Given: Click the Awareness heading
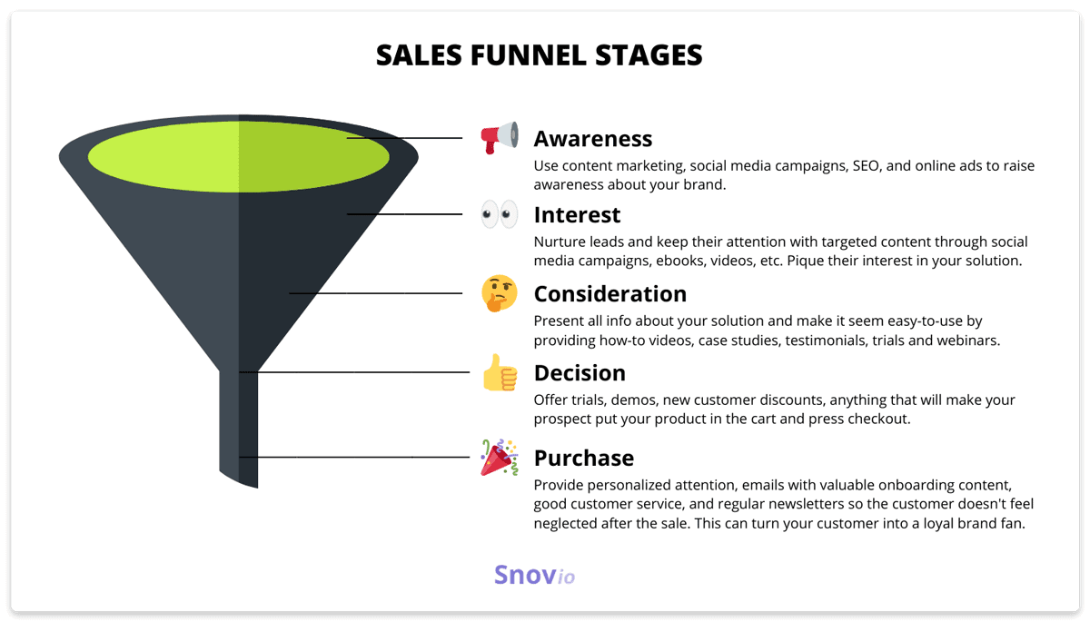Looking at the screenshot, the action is click(x=592, y=139).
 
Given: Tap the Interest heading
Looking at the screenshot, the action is click(x=577, y=215).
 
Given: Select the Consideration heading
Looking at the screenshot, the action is click(x=610, y=294).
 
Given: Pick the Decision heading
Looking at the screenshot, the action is click(x=580, y=373).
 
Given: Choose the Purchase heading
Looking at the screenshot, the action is click(x=584, y=459).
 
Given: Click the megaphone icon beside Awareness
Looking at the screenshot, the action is click(x=500, y=138).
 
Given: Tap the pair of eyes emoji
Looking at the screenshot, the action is click(x=500, y=214).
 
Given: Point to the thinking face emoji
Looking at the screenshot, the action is click(x=500, y=293).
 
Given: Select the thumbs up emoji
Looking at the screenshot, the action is click(x=500, y=372).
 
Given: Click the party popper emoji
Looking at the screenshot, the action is click(x=500, y=457).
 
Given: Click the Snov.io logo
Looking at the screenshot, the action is click(x=534, y=575).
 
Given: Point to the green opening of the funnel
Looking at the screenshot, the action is click(x=238, y=156).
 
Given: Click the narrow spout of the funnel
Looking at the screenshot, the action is click(x=238, y=428).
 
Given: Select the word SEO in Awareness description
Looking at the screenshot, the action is click(x=866, y=166).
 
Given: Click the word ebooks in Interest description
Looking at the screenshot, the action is click(x=679, y=262).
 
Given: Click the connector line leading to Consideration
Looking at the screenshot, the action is click(x=376, y=293).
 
